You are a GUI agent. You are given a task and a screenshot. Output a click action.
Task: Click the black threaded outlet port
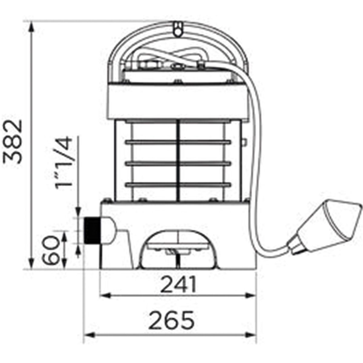(92, 230)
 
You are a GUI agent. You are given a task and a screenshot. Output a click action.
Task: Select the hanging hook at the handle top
(177, 29)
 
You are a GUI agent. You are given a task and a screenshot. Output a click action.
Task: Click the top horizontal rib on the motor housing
(178, 142)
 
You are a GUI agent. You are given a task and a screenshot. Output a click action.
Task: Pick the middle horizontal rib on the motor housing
(178, 163)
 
